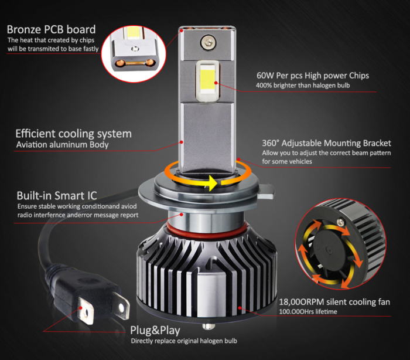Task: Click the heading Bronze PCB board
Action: pyautogui.click(x=52, y=29)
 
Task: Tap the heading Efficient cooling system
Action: pyautogui.click(x=73, y=133)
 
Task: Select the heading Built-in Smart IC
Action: pyautogui.click(x=56, y=195)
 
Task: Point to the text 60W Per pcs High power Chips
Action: pyautogui.click(x=313, y=76)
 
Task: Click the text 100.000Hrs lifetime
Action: pyautogui.click(x=307, y=311)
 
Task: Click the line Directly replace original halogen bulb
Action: pyautogui.click(x=183, y=340)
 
